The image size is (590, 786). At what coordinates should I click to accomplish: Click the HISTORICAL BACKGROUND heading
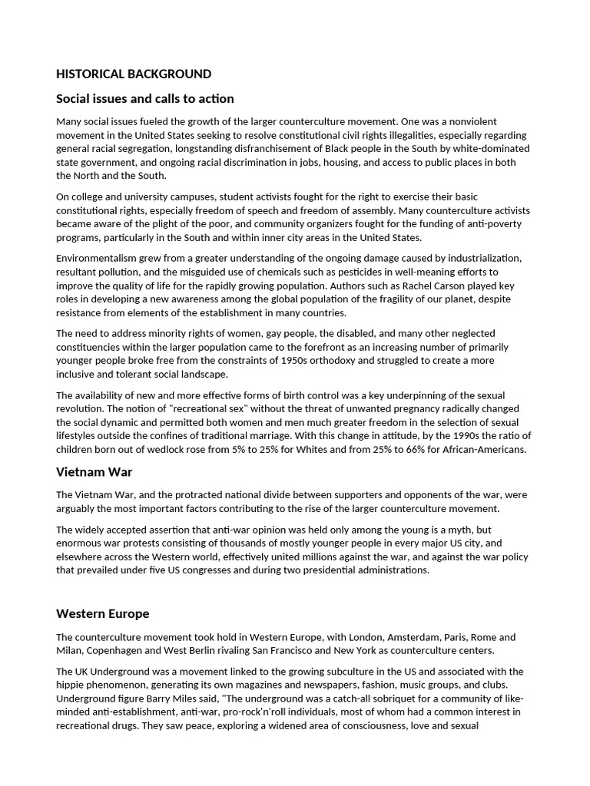(134, 74)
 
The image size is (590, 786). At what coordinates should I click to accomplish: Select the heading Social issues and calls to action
(145, 99)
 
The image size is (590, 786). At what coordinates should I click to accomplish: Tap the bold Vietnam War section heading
(94, 471)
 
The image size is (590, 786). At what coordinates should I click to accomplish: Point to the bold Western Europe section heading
(103, 614)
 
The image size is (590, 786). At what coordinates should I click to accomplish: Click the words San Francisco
(341, 651)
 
